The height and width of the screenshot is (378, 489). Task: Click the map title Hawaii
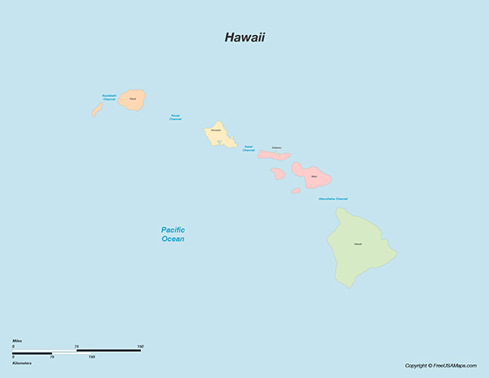pyautogui.click(x=244, y=37)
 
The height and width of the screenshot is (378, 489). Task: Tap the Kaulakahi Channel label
pyautogui.click(x=109, y=97)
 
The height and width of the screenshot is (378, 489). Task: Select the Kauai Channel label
pyautogui.click(x=175, y=117)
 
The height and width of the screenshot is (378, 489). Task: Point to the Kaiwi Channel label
pyautogui.click(x=249, y=148)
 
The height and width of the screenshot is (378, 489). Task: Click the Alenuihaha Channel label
pyautogui.click(x=333, y=199)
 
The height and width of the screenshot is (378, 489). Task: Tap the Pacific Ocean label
pyautogui.click(x=173, y=235)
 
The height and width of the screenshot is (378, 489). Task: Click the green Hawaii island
pyautogui.click(x=359, y=248)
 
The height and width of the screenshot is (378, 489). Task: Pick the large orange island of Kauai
pyautogui.click(x=133, y=101)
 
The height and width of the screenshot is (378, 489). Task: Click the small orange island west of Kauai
pyautogui.click(x=96, y=109)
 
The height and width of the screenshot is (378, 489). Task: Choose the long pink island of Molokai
pyautogui.click(x=274, y=155)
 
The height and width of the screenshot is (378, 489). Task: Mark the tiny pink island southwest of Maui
pyautogui.click(x=295, y=191)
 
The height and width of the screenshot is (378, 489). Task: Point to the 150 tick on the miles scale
pyautogui.click(x=140, y=347)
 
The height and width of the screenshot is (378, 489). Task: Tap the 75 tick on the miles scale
pyautogui.click(x=77, y=347)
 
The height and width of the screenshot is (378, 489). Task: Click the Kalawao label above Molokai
pyautogui.click(x=276, y=147)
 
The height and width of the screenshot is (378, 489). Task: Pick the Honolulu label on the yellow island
pyautogui.click(x=216, y=130)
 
